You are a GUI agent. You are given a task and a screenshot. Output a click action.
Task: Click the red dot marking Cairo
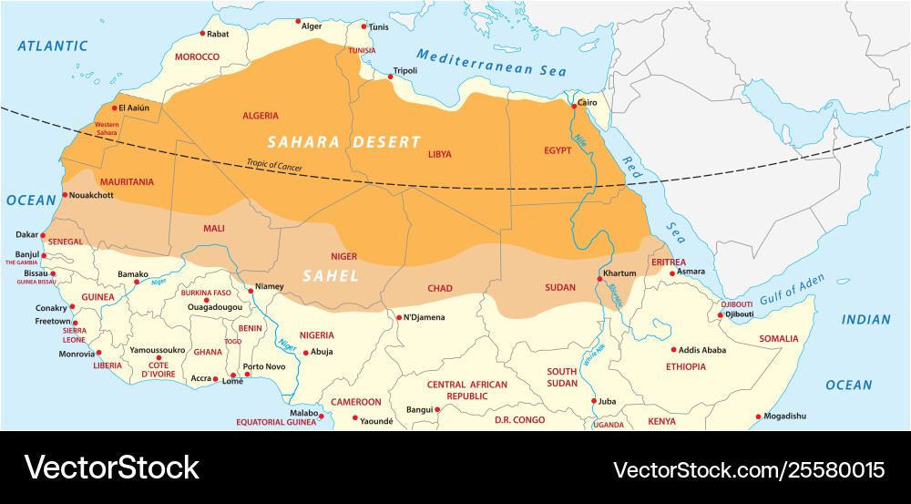[x=573, y=106]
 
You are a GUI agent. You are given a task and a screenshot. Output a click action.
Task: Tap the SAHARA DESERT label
[x=343, y=142]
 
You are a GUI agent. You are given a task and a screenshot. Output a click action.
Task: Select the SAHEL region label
[x=331, y=275]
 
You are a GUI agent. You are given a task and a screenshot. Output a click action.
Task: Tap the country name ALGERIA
[x=261, y=116]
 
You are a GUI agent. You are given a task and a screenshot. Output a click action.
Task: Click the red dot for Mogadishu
[x=758, y=417]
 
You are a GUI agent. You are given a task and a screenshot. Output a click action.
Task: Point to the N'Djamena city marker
[x=397, y=318]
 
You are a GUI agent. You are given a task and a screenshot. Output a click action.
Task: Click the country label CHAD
[x=440, y=289]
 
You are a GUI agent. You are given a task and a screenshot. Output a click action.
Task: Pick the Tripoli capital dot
[x=392, y=77]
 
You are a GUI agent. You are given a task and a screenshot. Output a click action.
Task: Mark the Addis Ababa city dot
[x=674, y=349]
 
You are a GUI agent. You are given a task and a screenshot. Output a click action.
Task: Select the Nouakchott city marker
[x=65, y=194]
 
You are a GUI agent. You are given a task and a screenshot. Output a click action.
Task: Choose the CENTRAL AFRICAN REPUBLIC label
[x=467, y=390]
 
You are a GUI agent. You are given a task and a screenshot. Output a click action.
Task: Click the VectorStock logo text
[x=111, y=468]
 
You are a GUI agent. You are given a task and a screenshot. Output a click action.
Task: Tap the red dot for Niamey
[x=251, y=291]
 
